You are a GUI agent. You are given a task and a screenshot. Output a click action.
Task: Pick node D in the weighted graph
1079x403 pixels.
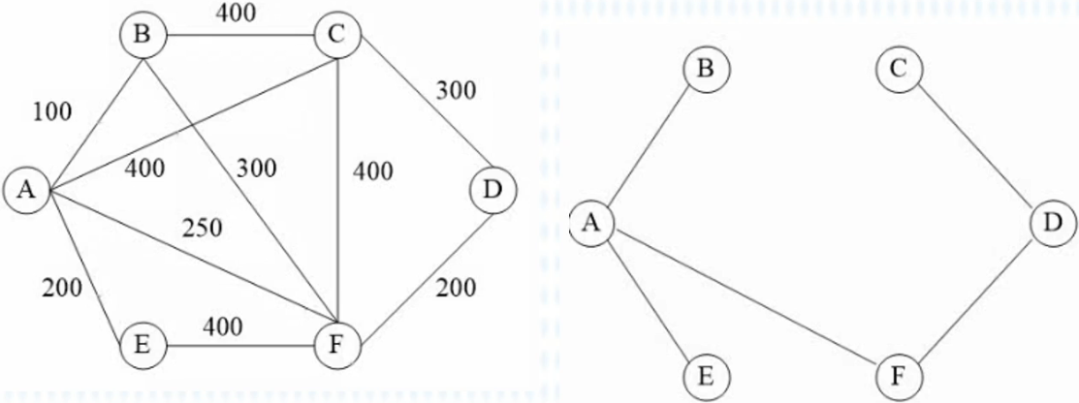pyautogui.click(x=492, y=190)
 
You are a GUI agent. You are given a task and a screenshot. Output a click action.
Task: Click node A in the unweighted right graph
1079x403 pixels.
pyautogui.click(x=591, y=223)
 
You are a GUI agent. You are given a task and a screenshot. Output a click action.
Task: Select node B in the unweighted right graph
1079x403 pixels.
pyautogui.click(x=705, y=70)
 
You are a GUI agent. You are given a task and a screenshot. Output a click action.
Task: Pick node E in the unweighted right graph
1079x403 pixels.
pyautogui.click(x=705, y=375)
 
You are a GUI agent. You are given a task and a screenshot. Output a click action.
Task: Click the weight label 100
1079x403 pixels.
pyautogui.click(x=52, y=112)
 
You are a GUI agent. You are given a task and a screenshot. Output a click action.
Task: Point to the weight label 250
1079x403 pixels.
pyautogui.click(x=204, y=229)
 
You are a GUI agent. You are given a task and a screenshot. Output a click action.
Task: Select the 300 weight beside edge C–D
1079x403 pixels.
pyautogui.click(x=456, y=92)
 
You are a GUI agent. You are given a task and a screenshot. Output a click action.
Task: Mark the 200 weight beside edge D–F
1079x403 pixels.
pyautogui.click(x=456, y=287)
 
